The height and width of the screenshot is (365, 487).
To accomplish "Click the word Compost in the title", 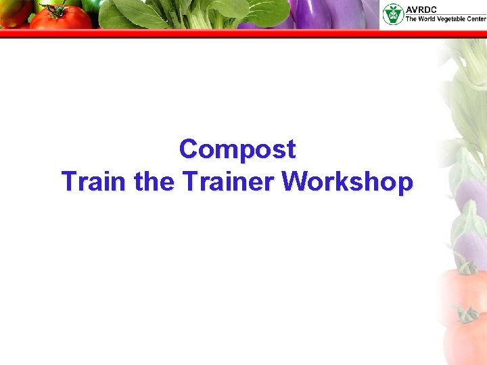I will point(237,149).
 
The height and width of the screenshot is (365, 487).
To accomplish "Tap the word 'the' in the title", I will point(155,182).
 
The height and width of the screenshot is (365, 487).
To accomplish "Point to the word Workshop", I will point(347,182).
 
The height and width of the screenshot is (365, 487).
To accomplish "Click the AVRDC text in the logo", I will point(422,9).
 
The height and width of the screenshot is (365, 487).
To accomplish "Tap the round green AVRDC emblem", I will point(392,14).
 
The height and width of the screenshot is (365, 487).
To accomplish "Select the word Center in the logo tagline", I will point(475,19).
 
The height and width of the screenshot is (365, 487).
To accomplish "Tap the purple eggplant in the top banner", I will point(311,14).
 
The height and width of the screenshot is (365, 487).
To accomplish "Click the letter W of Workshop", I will point(294,182).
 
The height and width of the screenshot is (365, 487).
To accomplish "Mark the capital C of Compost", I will point(189,149).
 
